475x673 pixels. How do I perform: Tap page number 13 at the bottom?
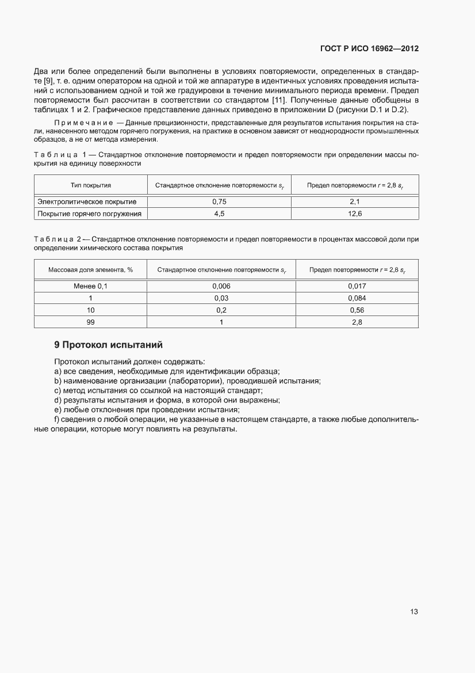[x=413, y=611]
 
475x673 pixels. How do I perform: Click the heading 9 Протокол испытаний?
[x=109, y=345]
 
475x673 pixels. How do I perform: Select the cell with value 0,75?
[x=219, y=202]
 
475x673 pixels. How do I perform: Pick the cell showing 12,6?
[x=355, y=214]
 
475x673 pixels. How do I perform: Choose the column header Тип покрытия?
[x=90, y=185]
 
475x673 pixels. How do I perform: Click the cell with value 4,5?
[x=219, y=214]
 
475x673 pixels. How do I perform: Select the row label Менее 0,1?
[x=90, y=286]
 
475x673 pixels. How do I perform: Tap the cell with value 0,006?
[x=221, y=286]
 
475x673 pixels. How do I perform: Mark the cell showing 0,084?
[x=357, y=298]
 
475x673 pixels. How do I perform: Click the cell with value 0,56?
[x=357, y=310]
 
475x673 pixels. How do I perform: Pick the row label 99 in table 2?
[x=90, y=322]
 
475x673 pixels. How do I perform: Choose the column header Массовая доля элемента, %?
[x=90, y=269]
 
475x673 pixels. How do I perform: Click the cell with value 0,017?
[x=357, y=286]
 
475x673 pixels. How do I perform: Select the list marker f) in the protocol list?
[x=58, y=420]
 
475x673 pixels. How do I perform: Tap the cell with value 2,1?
[x=355, y=202]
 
